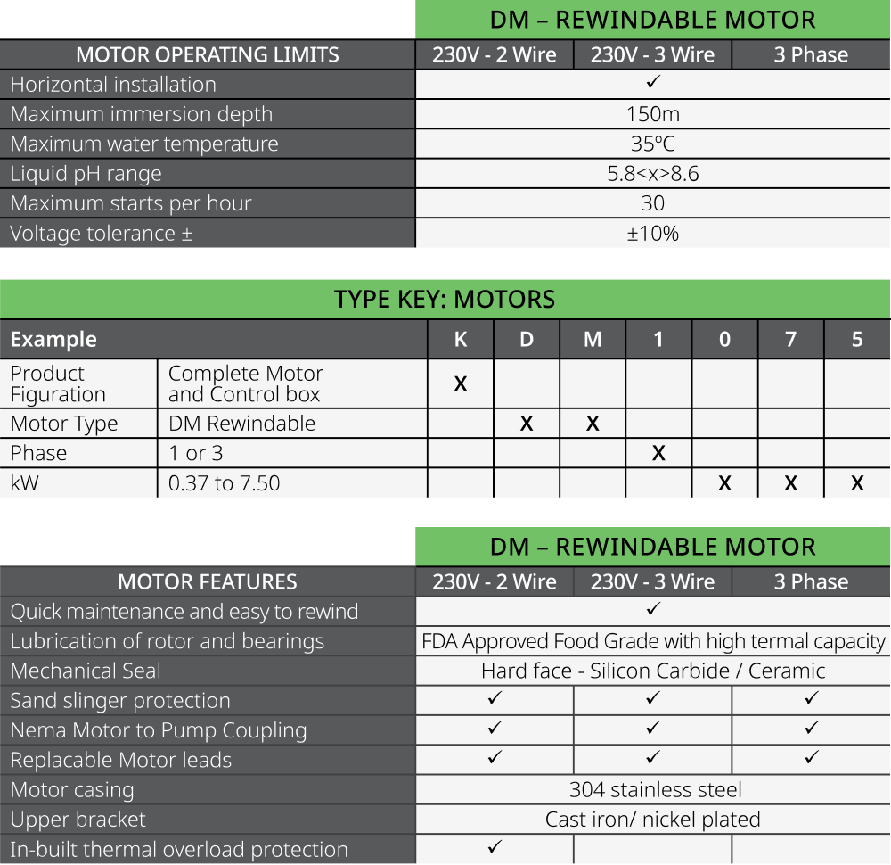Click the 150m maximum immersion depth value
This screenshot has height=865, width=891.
[x=652, y=114]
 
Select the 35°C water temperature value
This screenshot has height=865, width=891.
[x=652, y=144]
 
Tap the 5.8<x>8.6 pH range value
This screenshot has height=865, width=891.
[x=652, y=174]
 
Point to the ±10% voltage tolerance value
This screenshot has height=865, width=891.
[x=652, y=234]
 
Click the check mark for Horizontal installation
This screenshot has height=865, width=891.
[x=652, y=83]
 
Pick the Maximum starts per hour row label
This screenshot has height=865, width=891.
[x=131, y=203]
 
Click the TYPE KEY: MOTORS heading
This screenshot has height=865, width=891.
[x=445, y=299]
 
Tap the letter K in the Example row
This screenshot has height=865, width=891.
[x=461, y=340]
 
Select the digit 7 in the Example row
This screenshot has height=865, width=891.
[x=790, y=340]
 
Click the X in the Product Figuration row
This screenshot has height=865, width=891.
[x=461, y=384]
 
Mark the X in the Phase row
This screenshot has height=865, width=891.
[x=658, y=453]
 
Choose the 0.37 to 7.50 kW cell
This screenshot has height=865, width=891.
[x=224, y=483]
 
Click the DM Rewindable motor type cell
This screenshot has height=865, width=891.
[x=241, y=424]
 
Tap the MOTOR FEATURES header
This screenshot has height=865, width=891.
[x=207, y=582]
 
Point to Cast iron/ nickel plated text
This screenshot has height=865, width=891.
[x=652, y=820]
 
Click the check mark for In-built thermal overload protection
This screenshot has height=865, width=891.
[x=495, y=847]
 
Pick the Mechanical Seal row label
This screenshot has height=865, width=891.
[x=86, y=671]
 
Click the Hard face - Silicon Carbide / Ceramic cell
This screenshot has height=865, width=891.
[x=652, y=671]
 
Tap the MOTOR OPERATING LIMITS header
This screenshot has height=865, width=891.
[x=207, y=54]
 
